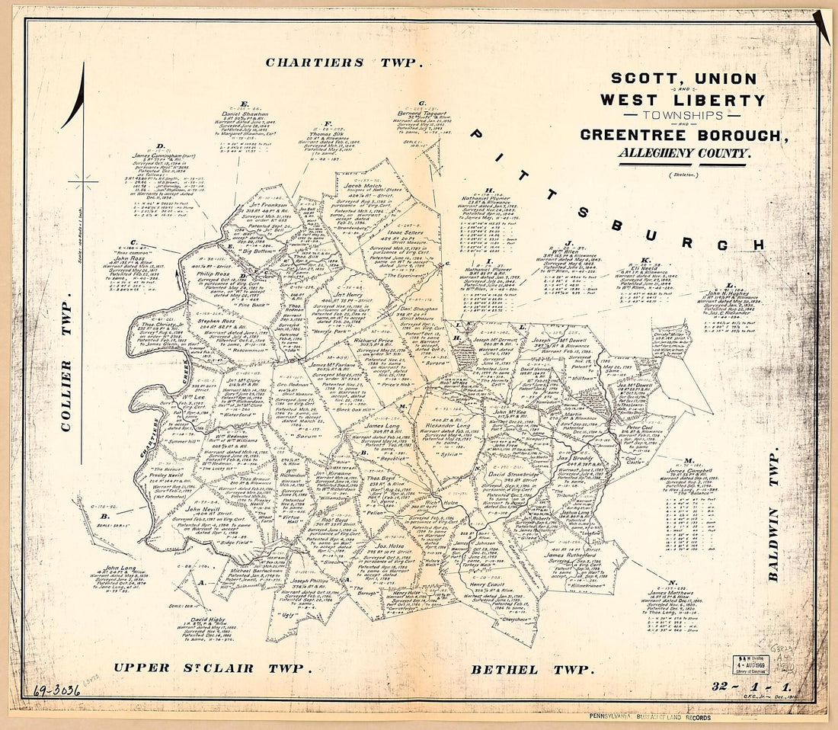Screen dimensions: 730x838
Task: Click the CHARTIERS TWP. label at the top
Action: tap(343, 62)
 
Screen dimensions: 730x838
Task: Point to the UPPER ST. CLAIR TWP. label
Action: tap(214, 668)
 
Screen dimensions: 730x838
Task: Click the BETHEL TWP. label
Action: tap(532, 669)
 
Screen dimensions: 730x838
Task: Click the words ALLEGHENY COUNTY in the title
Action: tap(684, 152)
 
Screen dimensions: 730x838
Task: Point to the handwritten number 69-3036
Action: tap(57, 691)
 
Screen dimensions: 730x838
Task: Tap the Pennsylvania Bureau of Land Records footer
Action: tap(649, 718)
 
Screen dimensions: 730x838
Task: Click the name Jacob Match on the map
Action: tap(361, 185)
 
